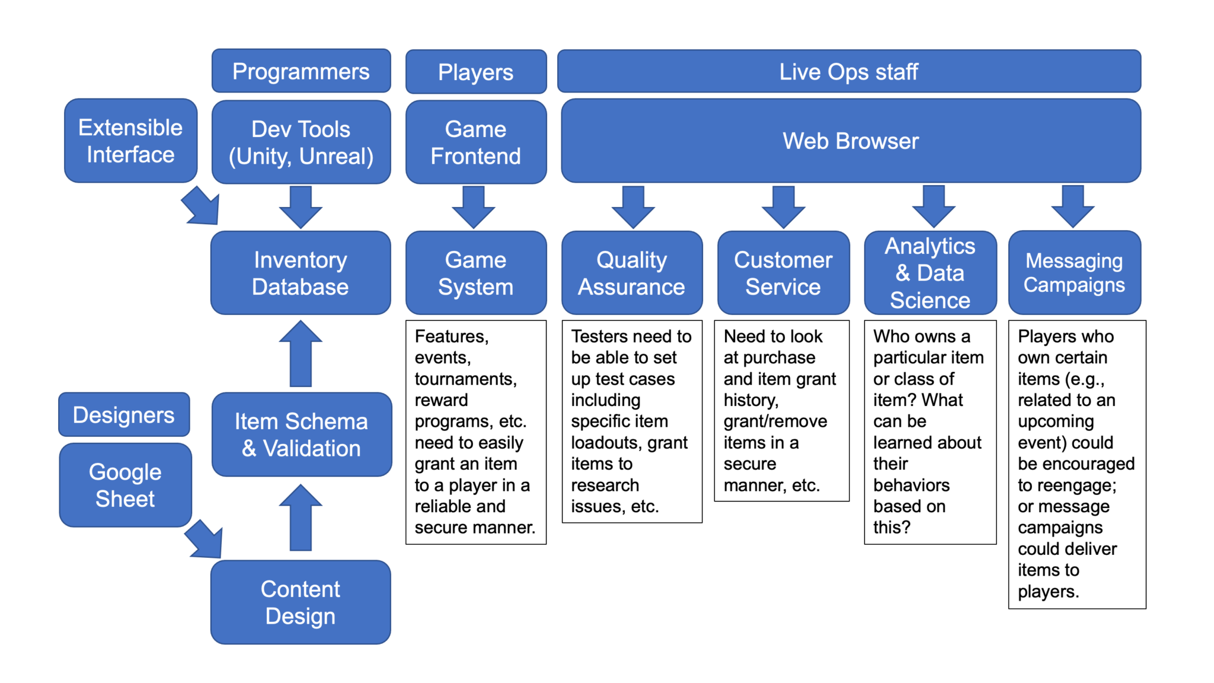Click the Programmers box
(301, 71)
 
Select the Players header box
(475, 72)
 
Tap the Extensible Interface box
(130, 141)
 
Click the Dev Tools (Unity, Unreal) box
(301, 142)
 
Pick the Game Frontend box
(475, 142)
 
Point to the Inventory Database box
(301, 273)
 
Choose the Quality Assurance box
(631, 273)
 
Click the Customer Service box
(783, 273)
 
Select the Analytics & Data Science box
(929, 273)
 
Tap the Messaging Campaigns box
(1074, 273)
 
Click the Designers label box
(124, 414)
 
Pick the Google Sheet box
(125, 485)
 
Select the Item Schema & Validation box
(301, 435)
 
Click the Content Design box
(301, 602)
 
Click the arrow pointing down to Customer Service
(783, 207)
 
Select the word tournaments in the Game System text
(465, 379)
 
